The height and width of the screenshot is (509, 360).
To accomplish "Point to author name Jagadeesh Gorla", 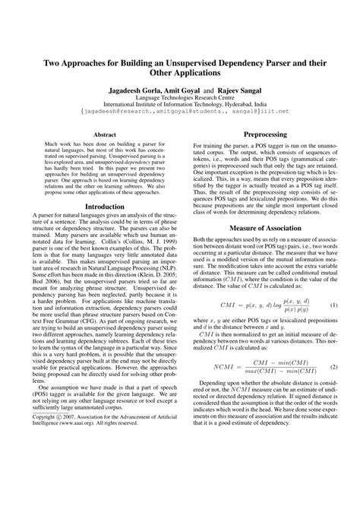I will [132, 90].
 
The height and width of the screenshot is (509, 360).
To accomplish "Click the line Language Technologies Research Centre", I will [180, 98].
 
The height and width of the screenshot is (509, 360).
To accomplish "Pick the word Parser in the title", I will [290, 64].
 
